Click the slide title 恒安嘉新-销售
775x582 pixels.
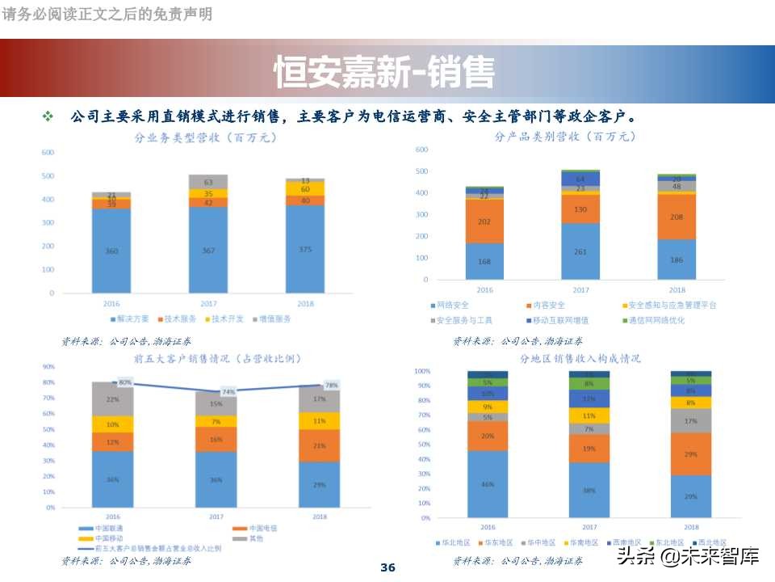(384, 72)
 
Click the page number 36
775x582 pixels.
(387, 567)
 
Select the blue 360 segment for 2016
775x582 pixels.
(111, 251)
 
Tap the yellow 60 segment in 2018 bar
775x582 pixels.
(305, 188)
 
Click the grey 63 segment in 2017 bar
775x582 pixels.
(208, 182)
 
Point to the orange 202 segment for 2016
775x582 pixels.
(484, 221)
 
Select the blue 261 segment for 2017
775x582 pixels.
(580, 251)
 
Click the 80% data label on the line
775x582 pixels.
(125, 382)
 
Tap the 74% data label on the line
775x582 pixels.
(228, 391)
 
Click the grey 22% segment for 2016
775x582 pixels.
(113, 399)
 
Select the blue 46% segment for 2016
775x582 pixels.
(488, 484)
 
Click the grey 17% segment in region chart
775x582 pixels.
(690, 420)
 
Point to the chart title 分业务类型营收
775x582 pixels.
(205, 137)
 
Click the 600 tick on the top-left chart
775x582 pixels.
(48, 152)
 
